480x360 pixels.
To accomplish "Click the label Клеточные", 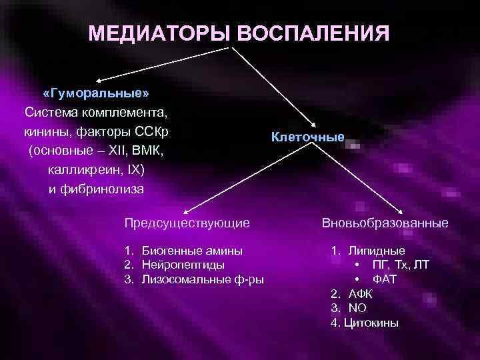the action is (308, 137).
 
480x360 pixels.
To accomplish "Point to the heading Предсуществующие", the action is (187, 222).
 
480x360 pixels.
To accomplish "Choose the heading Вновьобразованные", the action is (385, 222).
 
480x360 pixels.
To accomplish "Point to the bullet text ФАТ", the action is (385, 279).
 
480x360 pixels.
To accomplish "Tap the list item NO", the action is (357, 308).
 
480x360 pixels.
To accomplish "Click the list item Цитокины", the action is (371, 323).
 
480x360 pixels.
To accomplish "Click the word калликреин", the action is (79, 170).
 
